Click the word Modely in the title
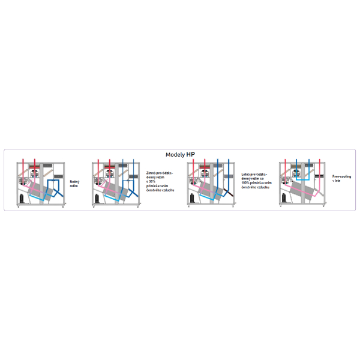tap(175, 154)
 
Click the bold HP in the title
tap(190, 154)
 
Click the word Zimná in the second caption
tap(151, 172)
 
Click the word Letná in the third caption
tap(245, 172)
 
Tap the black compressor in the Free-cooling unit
tap(284, 197)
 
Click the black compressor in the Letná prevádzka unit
tap(192, 197)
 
